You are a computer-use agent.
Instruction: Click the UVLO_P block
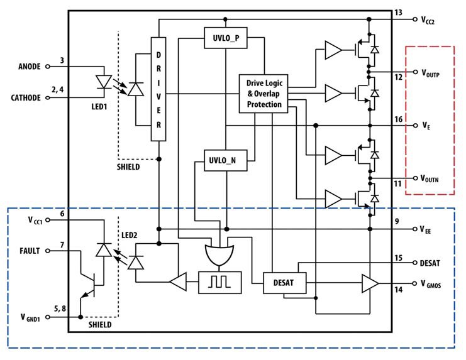tap(226, 38)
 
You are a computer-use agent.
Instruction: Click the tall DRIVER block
tap(158, 89)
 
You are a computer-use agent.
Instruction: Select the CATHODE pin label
tap(25, 97)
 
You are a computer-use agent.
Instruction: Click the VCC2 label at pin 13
tap(428, 19)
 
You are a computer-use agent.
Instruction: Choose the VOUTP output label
tap(430, 73)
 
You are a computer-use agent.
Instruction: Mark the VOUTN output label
tap(430, 179)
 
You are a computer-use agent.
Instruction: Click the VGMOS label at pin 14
tap(431, 284)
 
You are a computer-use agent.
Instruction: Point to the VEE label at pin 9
tap(426, 230)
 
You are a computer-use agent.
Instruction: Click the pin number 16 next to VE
tap(398, 119)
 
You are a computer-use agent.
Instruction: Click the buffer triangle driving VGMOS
tap(369, 284)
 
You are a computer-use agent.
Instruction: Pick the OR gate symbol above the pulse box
tap(219, 254)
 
